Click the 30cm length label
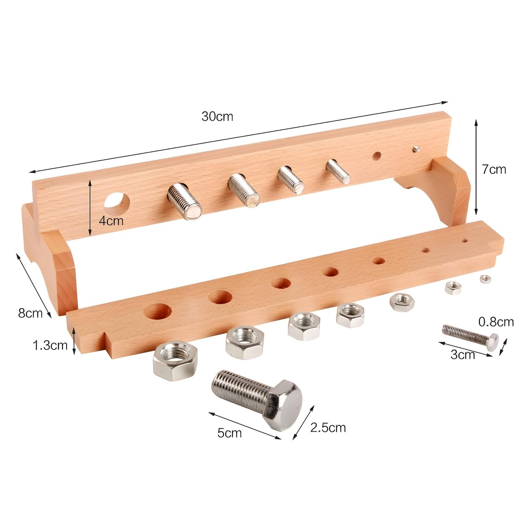pyautogui.click(x=217, y=117)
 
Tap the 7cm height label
pyautogui.click(x=494, y=169)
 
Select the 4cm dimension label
pyautogui.click(x=111, y=221)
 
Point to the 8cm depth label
pyautogui.click(x=30, y=313)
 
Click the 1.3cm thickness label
pyautogui.click(x=50, y=345)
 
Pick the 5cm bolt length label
pyautogui.click(x=229, y=433)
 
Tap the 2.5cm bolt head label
pyautogui.click(x=328, y=428)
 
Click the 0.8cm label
pyautogui.click(x=496, y=322)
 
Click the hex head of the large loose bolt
pyautogui.click(x=283, y=405)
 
